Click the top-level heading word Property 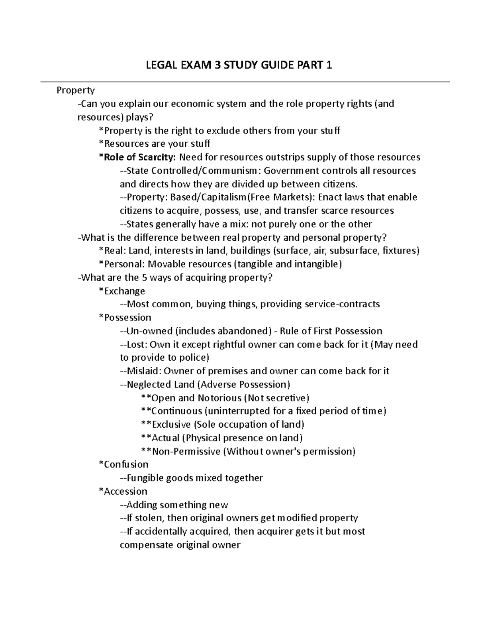point(75,90)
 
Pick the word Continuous point(177,411)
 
